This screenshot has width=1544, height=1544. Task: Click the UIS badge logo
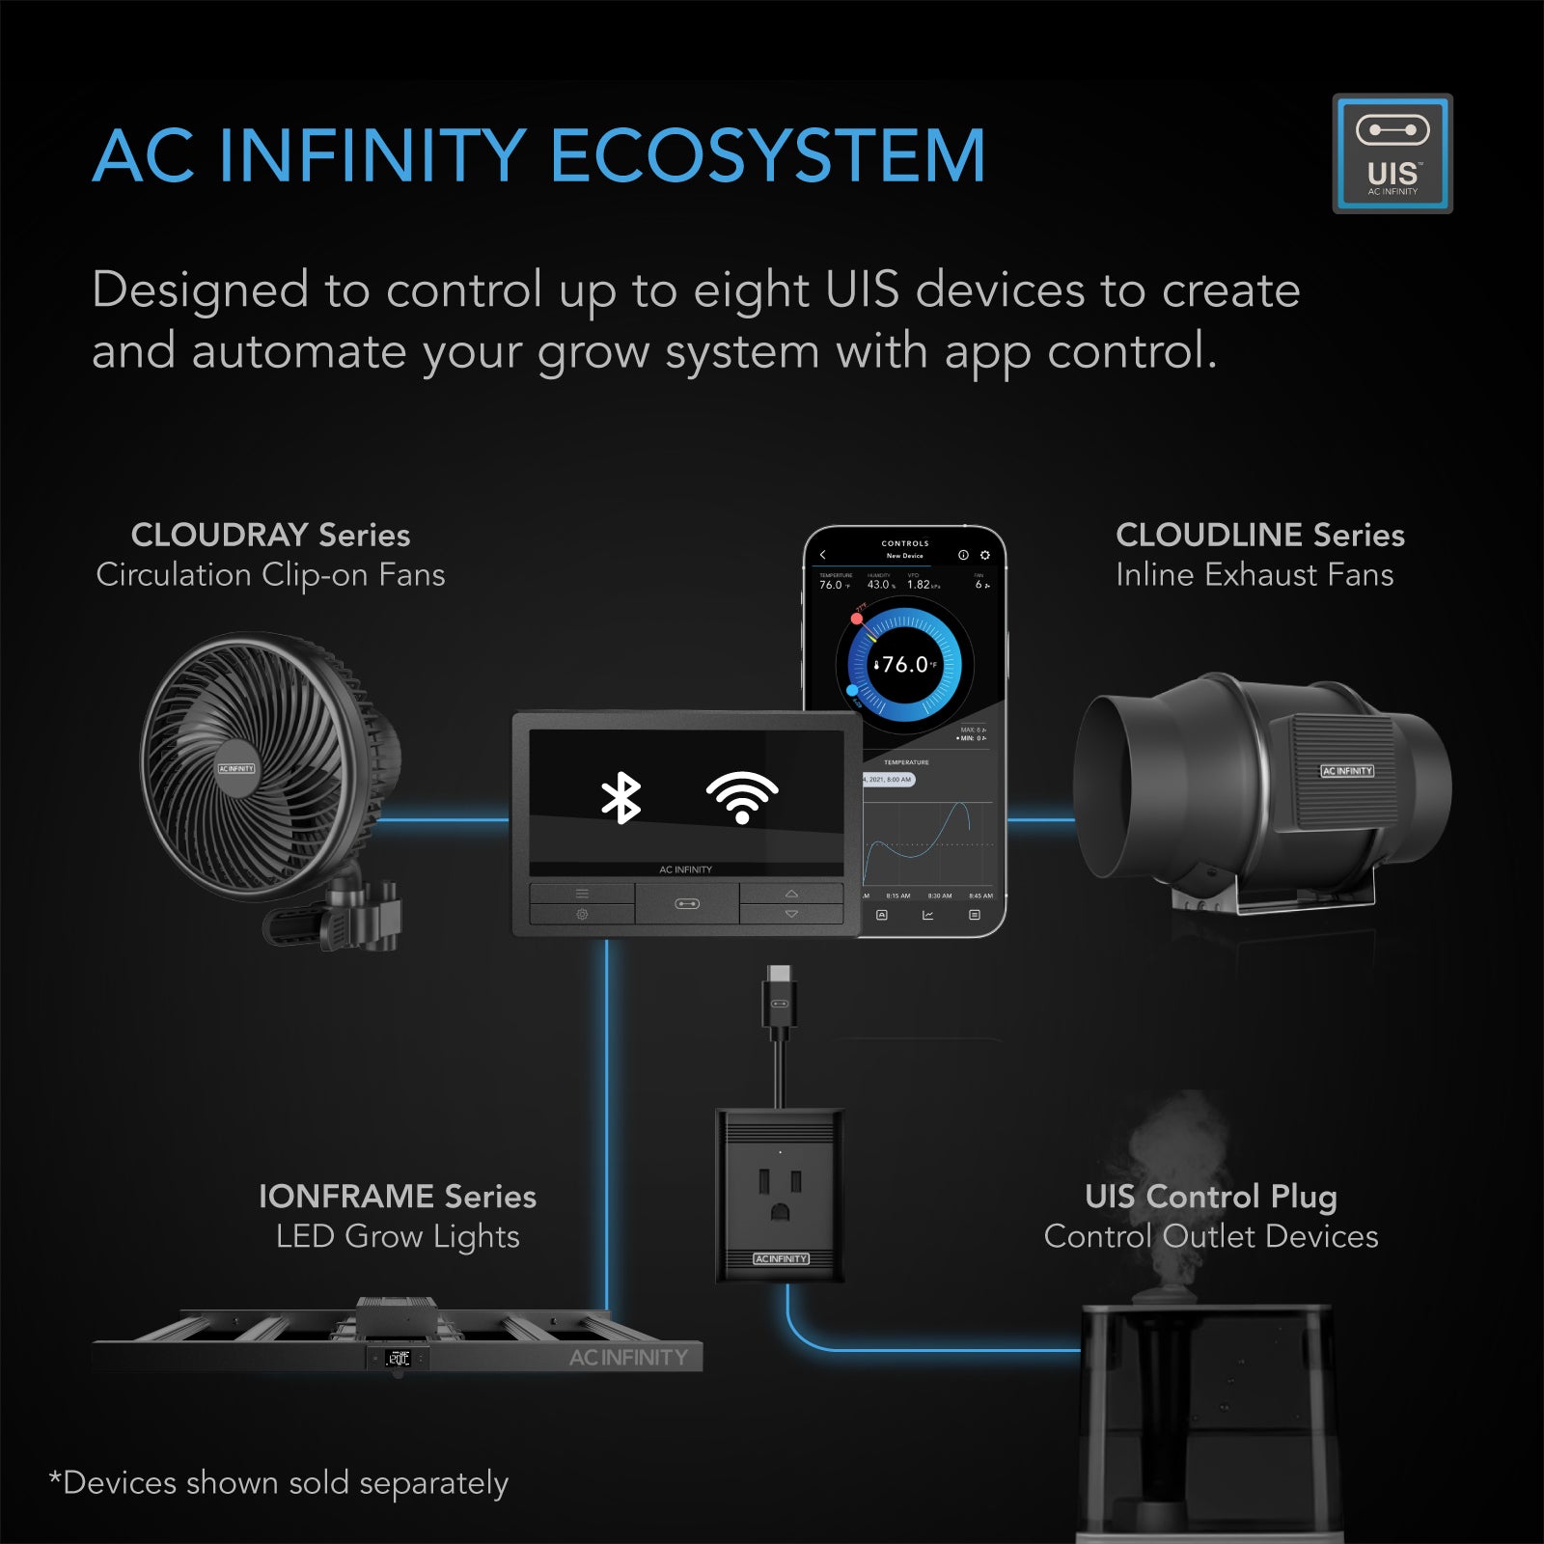click(1392, 153)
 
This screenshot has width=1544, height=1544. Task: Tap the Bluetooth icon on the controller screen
click(620, 798)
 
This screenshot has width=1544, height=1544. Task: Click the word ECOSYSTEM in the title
click(767, 156)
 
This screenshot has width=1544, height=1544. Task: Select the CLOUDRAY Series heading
click(270, 535)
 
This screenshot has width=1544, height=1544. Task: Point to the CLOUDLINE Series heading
click(1259, 535)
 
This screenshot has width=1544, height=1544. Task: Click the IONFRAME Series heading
click(397, 1197)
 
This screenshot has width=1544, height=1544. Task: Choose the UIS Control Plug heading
click(1210, 1197)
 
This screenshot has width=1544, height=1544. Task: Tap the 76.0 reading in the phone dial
click(905, 665)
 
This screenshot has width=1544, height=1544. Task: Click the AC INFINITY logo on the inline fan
click(1346, 771)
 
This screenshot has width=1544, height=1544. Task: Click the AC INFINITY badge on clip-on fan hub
click(236, 769)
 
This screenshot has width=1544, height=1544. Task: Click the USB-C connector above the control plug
click(780, 994)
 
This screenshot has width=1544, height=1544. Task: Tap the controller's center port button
click(687, 904)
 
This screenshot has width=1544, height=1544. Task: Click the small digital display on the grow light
click(398, 1359)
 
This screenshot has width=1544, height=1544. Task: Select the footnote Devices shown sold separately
click(279, 1482)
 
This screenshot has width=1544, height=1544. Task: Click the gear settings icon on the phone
click(984, 555)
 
